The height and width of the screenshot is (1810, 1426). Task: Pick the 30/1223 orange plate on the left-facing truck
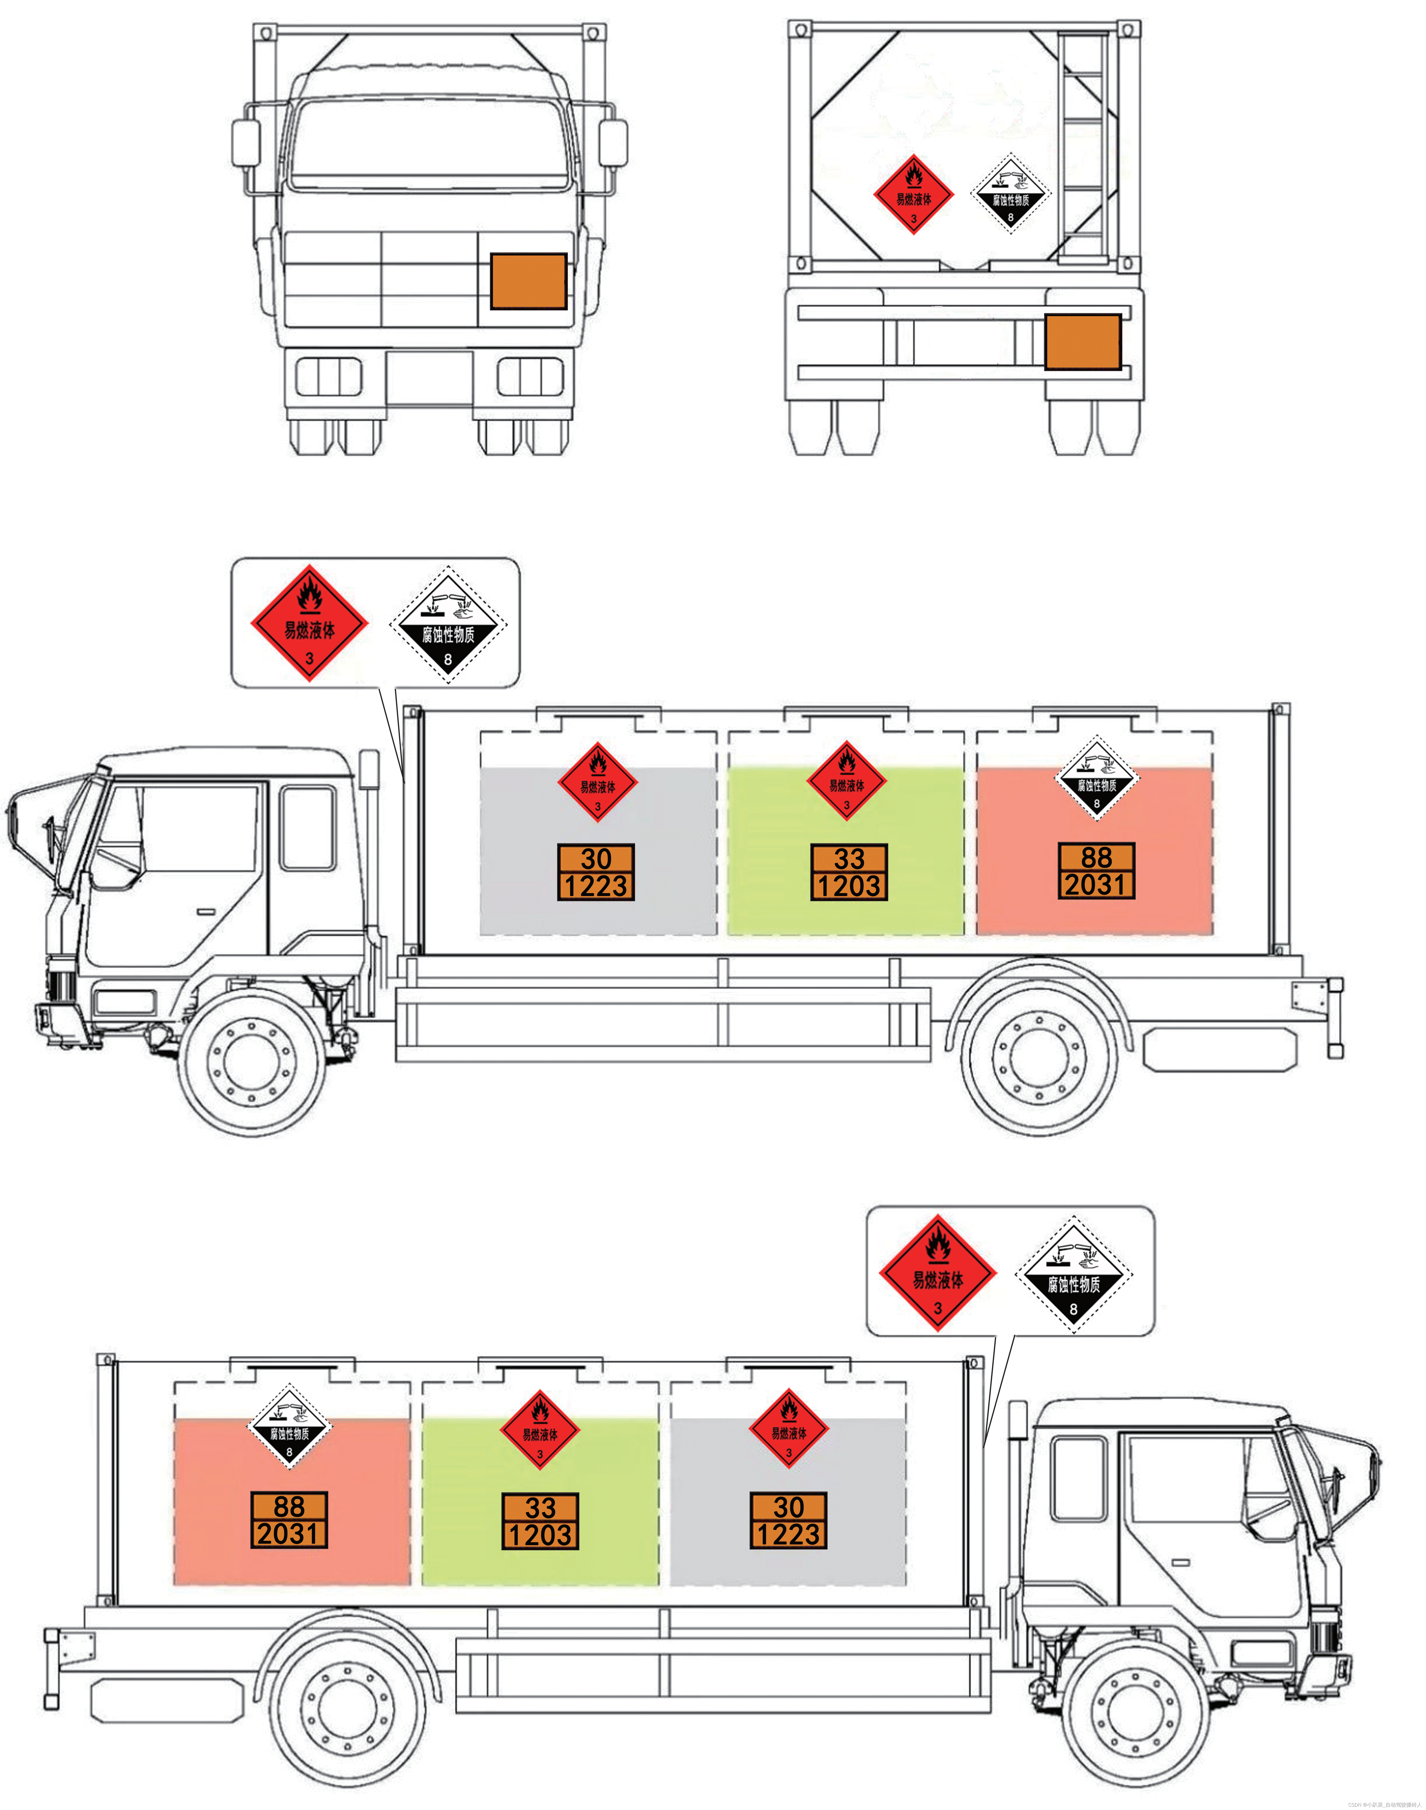[596, 872]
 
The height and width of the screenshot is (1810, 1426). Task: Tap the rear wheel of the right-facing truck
[346, 1706]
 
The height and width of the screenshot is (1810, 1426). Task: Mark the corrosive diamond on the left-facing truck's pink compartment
[1096, 778]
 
